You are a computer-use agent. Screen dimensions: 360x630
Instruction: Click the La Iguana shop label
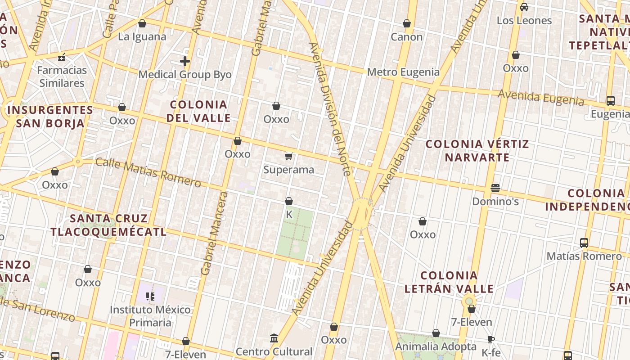[x=142, y=37]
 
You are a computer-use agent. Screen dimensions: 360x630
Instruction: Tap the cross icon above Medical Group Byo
[x=185, y=61]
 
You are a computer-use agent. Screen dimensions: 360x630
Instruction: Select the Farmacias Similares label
[x=62, y=76]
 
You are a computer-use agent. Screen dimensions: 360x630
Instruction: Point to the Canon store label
[x=407, y=37]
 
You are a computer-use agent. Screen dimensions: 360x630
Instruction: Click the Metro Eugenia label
[x=403, y=72]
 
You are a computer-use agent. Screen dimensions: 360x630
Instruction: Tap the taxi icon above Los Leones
[x=524, y=7]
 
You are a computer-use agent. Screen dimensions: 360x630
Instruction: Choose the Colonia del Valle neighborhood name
[x=198, y=111]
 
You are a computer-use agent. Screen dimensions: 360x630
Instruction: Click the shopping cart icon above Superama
[x=289, y=157]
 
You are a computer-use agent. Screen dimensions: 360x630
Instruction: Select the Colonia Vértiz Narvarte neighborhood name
[x=477, y=151]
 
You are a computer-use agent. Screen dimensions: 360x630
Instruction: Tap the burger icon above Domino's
[x=495, y=188]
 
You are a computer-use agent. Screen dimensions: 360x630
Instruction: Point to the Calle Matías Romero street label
[x=148, y=172]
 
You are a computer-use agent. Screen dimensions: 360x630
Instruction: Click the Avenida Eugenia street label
[x=541, y=98]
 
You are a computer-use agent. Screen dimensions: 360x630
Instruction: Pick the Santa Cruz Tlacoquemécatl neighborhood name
[x=108, y=225]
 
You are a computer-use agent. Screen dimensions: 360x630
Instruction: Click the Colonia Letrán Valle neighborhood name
[x=449, y=282]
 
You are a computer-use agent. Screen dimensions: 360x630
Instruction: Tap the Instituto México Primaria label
[x=150, y=316]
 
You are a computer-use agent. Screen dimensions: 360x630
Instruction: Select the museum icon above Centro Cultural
[x=274, y=338]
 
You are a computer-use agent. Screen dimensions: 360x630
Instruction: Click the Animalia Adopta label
[x=436, y=346]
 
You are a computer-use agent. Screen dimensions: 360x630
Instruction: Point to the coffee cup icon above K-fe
[x=491, y=339]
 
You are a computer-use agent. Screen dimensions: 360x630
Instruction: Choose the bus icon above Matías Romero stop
[x=584, y=243]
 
